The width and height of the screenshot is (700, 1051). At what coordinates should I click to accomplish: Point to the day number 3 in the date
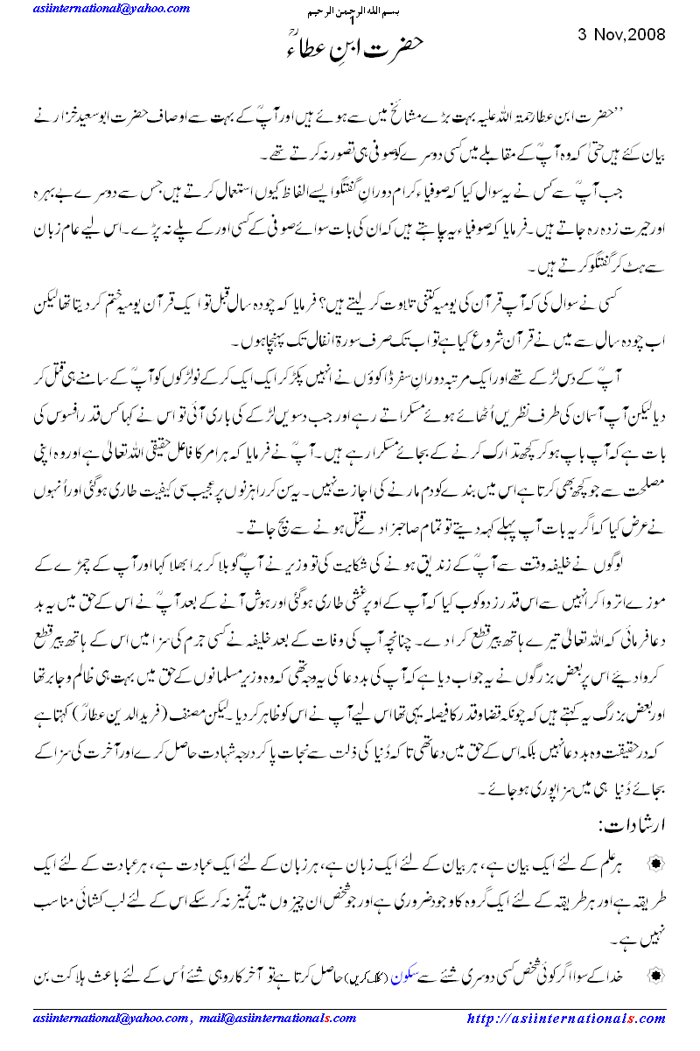point(583,35)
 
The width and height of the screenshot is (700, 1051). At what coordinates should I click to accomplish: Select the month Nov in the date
point(607,35)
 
